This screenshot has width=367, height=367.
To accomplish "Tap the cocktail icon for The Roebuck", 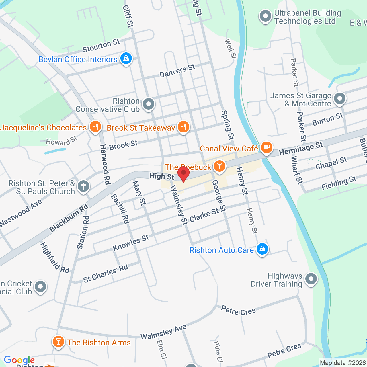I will (220, 166).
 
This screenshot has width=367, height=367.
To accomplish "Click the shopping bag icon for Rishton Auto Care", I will (262, 249).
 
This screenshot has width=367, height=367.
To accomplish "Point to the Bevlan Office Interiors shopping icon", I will (126, 58).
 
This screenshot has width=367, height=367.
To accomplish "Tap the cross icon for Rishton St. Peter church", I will (83, 186).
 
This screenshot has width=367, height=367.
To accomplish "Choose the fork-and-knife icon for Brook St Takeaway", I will (183, 127).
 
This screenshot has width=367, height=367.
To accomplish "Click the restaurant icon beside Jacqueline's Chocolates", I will (95, 126).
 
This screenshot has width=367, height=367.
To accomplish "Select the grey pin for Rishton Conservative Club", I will (149, 104).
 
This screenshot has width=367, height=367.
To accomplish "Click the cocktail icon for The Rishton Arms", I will (58, 341).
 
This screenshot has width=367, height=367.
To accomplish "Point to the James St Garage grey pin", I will (340, 99).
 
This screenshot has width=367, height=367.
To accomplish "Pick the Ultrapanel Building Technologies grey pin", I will (265, 16).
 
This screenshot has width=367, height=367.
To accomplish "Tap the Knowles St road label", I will (131, 243).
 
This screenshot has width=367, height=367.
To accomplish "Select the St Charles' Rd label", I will (106, 274).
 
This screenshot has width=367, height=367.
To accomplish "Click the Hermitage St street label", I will (301, 149).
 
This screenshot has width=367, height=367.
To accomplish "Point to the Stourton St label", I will (101, 46).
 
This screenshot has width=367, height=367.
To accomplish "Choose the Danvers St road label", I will (177, 71).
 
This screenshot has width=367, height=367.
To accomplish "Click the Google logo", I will (19, 360).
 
